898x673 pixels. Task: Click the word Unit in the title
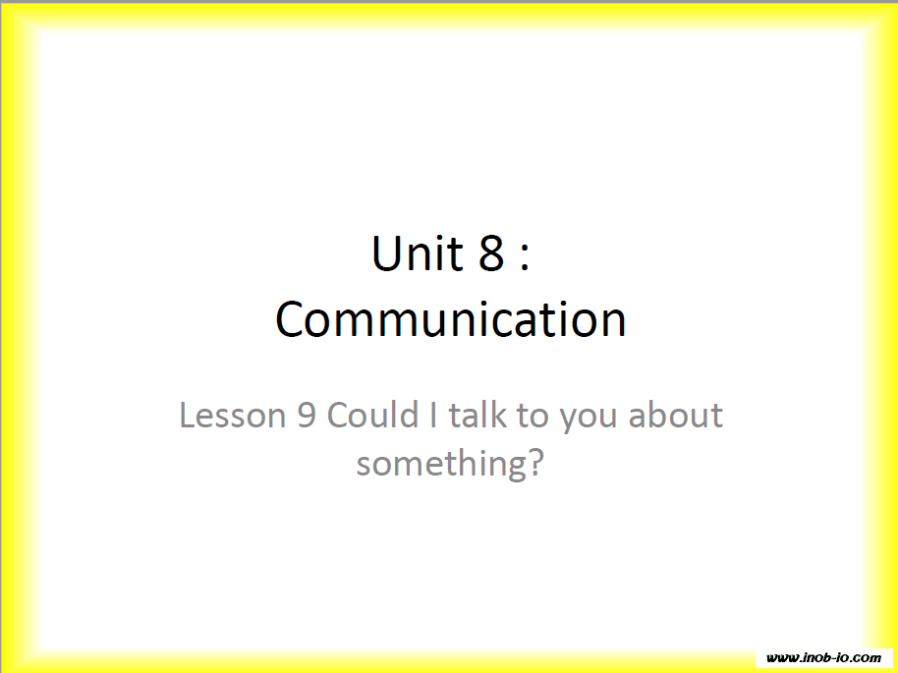tap(417, 252)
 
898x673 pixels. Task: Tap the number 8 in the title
tap(491, 252)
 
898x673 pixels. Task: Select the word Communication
tap(451, 319)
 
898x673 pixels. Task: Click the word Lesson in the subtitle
tap(233, 415)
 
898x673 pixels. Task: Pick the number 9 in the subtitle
tap(307, 415)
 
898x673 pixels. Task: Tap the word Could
tap(372, 415)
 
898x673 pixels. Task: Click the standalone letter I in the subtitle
tap(433, 415)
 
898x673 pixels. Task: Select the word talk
tap(477, 415)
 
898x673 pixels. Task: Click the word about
tap(676, 415)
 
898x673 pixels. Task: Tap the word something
tap(440, 465)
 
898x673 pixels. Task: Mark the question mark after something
tap(533, 462)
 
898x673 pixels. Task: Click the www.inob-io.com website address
tap(823, 657)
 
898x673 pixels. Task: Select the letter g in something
tap(513, 469)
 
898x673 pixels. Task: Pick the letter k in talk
tap(499, 415)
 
